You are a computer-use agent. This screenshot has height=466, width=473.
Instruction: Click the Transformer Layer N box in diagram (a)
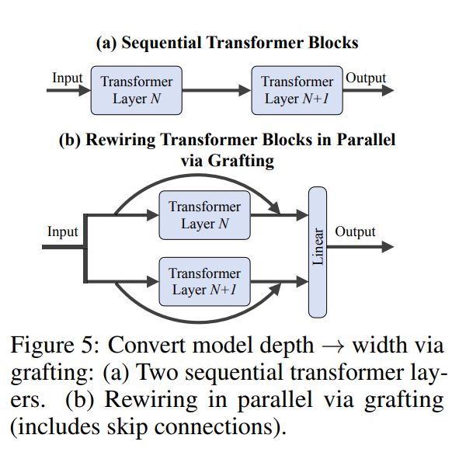(137, 90)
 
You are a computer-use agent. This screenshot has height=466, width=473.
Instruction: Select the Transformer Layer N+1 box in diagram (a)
(297, 90)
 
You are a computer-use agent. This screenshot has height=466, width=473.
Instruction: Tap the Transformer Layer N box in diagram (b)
(204, 215)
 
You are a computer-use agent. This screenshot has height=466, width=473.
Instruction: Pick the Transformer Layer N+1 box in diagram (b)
(204, 281)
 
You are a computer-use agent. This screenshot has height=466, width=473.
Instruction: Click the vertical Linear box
(318, 252)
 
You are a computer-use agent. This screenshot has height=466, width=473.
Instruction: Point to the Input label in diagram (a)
(68, 78)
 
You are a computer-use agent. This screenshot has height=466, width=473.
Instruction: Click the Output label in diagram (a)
(366, 78)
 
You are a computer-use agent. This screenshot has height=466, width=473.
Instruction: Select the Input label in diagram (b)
(62, 231)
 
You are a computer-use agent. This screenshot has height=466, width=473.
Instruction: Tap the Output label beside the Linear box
(355, 231)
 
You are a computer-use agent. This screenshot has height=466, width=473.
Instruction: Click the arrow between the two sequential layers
(217, 90)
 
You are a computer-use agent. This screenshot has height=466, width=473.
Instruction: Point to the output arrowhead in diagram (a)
(388, 90)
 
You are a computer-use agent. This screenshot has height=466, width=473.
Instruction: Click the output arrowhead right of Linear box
(388, 246)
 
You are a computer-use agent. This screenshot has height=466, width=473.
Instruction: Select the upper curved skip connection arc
(197, 176)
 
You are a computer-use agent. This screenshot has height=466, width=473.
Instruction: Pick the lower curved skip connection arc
(197, 322)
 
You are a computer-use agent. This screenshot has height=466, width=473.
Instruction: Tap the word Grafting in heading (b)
(241, 161)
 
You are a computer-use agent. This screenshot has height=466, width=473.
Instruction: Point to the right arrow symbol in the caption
(333, 346)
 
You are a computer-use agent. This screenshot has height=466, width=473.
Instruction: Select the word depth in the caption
(287, 346)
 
